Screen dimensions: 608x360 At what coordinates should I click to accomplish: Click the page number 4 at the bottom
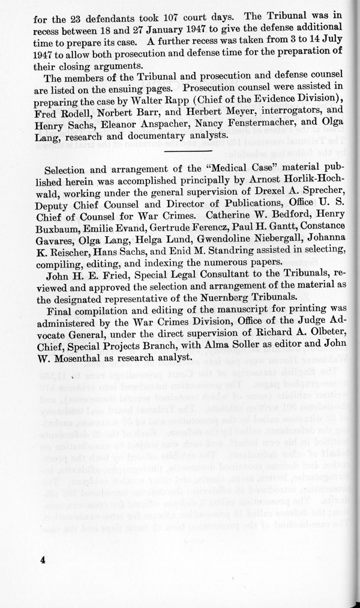click(35, 558)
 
